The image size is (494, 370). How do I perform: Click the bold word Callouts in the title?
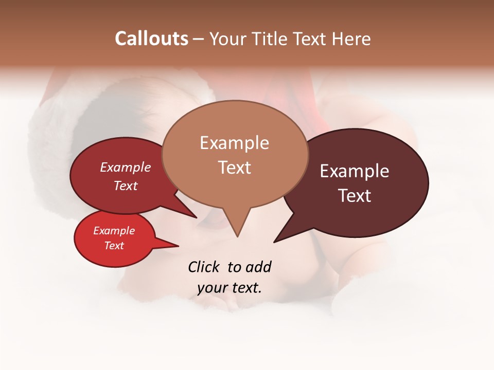point(151,39)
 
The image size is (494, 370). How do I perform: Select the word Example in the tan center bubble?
point(234,143)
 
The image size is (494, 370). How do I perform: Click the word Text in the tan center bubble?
point(234,168)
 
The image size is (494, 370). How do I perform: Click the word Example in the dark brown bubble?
point(355,171)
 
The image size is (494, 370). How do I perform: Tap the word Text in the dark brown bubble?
point(355,196)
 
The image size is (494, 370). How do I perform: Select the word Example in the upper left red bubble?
point(126,167)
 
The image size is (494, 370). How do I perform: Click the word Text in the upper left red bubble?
point(126,186)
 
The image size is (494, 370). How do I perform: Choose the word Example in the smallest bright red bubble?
point(114,231)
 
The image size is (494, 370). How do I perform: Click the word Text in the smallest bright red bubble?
point(114,246)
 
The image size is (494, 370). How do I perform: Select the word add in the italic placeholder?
point(258,267)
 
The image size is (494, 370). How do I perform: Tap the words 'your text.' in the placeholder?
point(230,288)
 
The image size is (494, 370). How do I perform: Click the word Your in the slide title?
point(228,39)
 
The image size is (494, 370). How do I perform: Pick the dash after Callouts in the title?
point(199,39)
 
